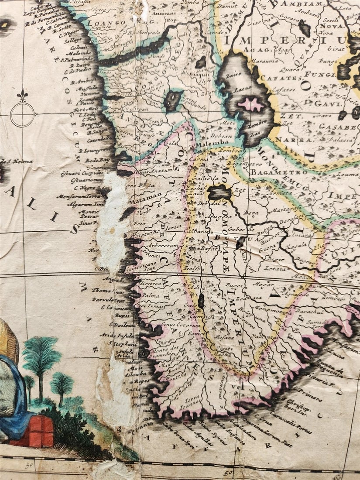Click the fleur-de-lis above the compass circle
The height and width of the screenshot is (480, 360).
22,95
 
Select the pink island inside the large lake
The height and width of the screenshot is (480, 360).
250,104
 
